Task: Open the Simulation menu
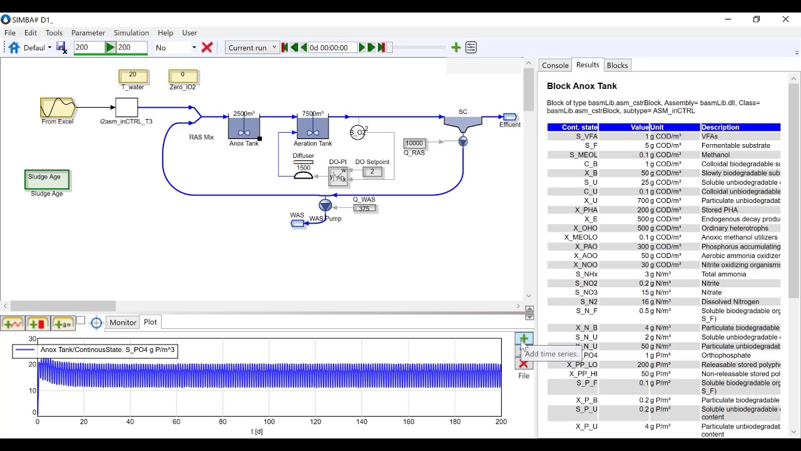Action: [131, 33]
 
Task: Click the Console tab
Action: [555, 65]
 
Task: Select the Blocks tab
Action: [617, 65]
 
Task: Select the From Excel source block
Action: [58, 108]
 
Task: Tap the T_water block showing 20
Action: [133, 76]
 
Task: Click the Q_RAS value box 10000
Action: [414, 143]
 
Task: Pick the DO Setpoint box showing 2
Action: [372, 172]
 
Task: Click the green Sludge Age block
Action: [47, 179]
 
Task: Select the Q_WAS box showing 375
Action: [364, 209]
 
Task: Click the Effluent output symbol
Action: [509, 117]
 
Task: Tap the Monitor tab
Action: [123, 322]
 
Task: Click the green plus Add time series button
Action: [524, 339]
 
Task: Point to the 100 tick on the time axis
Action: [269, 422]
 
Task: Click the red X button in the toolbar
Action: [207, 48]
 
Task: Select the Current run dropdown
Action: [252, 48]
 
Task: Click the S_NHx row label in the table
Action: [586, 274]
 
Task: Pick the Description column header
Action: [740, 127]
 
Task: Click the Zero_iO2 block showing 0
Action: [183, 76]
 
